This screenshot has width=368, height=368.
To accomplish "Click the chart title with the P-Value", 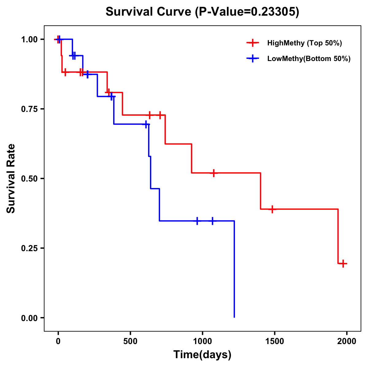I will [x=202, y=12].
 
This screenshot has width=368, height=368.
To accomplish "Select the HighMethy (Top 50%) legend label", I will [x=305, y=43].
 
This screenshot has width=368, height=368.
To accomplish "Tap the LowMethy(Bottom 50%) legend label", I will [x=309, y=59].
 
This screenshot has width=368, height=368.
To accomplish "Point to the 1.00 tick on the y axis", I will [x=29, y=40].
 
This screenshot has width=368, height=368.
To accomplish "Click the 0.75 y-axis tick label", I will [x=29, y=109].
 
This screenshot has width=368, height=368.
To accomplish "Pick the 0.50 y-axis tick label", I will [x=29, y=179].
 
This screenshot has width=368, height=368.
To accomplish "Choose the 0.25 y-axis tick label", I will [x=29, y=248].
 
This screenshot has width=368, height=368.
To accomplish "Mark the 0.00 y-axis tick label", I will [x=29, y=318].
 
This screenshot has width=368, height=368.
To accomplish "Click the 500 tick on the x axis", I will [x=130, y=341].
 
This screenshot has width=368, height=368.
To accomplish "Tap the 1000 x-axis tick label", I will [x=202, y=341].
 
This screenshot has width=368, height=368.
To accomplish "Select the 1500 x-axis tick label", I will [x=274, y=341].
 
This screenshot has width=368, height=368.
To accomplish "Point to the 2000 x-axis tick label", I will [x=347, y=341].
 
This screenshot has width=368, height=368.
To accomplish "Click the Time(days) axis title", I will [x=202, y=355].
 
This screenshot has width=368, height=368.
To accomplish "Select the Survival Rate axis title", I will [x=11, y=178].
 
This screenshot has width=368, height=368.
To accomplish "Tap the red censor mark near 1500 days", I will [x=272, y=209].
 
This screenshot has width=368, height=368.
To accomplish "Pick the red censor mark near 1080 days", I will [x=214, y=173].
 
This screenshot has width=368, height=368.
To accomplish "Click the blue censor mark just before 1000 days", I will [x=197, y=221].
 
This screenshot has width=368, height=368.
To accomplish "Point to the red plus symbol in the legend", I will [x=253, y=43].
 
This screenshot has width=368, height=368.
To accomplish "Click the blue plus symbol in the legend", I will [x=253, y=59].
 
